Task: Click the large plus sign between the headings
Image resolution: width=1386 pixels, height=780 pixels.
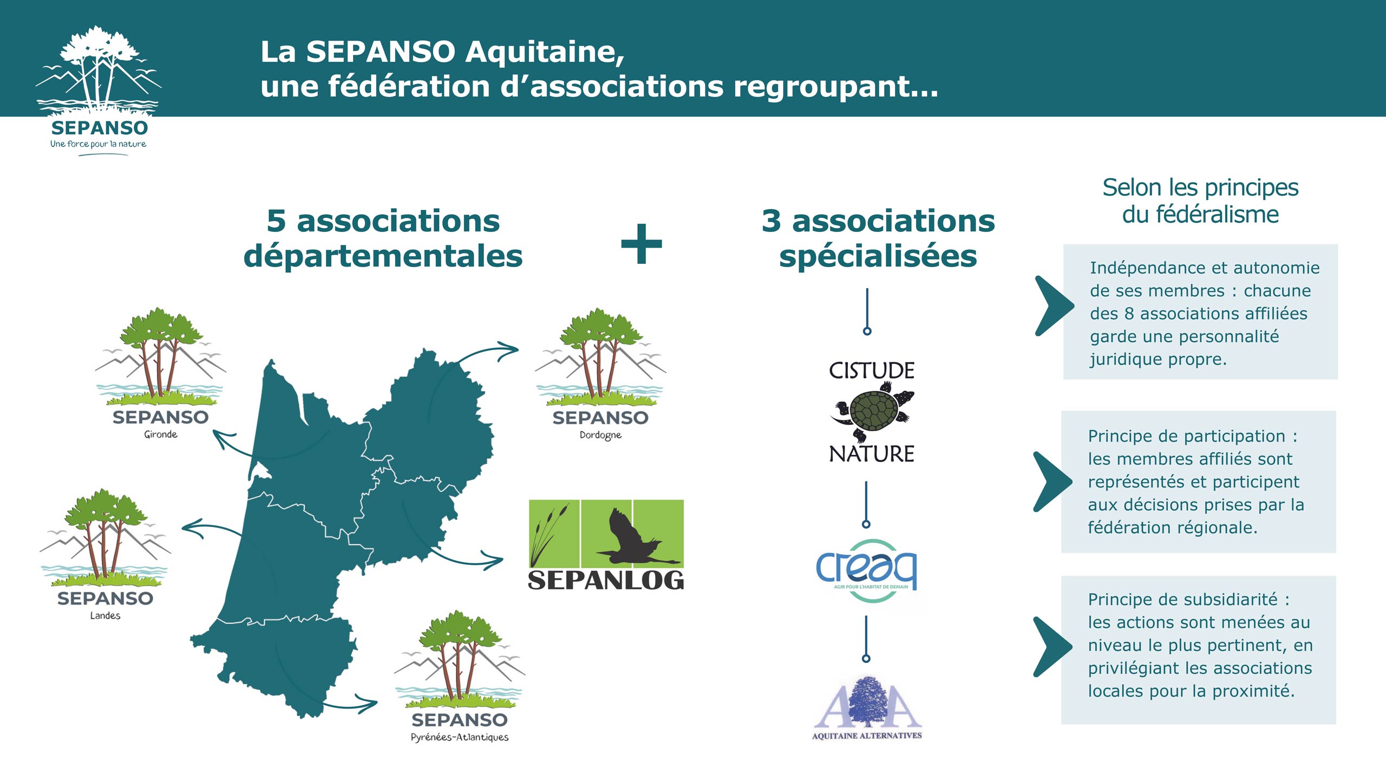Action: tap(642, 244)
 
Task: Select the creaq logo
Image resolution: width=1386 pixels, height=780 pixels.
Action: tap(866, 571)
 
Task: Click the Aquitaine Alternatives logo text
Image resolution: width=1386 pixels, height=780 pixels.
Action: tap(867, 736)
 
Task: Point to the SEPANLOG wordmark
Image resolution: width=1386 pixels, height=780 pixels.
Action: tap(606, 580)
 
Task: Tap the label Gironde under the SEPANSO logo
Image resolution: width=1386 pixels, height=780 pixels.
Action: tap(161, 434)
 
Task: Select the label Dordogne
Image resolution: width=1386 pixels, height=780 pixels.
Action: tap(600, 435)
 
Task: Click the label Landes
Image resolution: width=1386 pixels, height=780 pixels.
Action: tap(105, 615)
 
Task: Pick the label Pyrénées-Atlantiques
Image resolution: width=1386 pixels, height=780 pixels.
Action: tap(460, 737)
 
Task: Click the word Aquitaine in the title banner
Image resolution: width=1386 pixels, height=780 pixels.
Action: tap(545, 52)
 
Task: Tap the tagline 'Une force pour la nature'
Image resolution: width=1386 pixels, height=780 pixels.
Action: tap(98, 144)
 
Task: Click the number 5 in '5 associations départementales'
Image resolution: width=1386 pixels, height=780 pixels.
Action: tap(276, 221)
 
